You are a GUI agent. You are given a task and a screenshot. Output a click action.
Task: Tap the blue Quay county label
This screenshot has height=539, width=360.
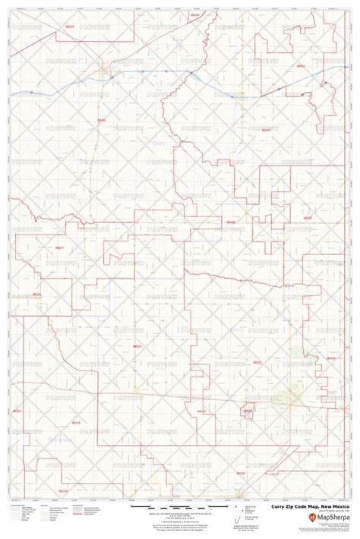click(x=158, y=141)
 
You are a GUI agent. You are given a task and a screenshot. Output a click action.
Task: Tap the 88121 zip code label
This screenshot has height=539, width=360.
click(x=36, y=294)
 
